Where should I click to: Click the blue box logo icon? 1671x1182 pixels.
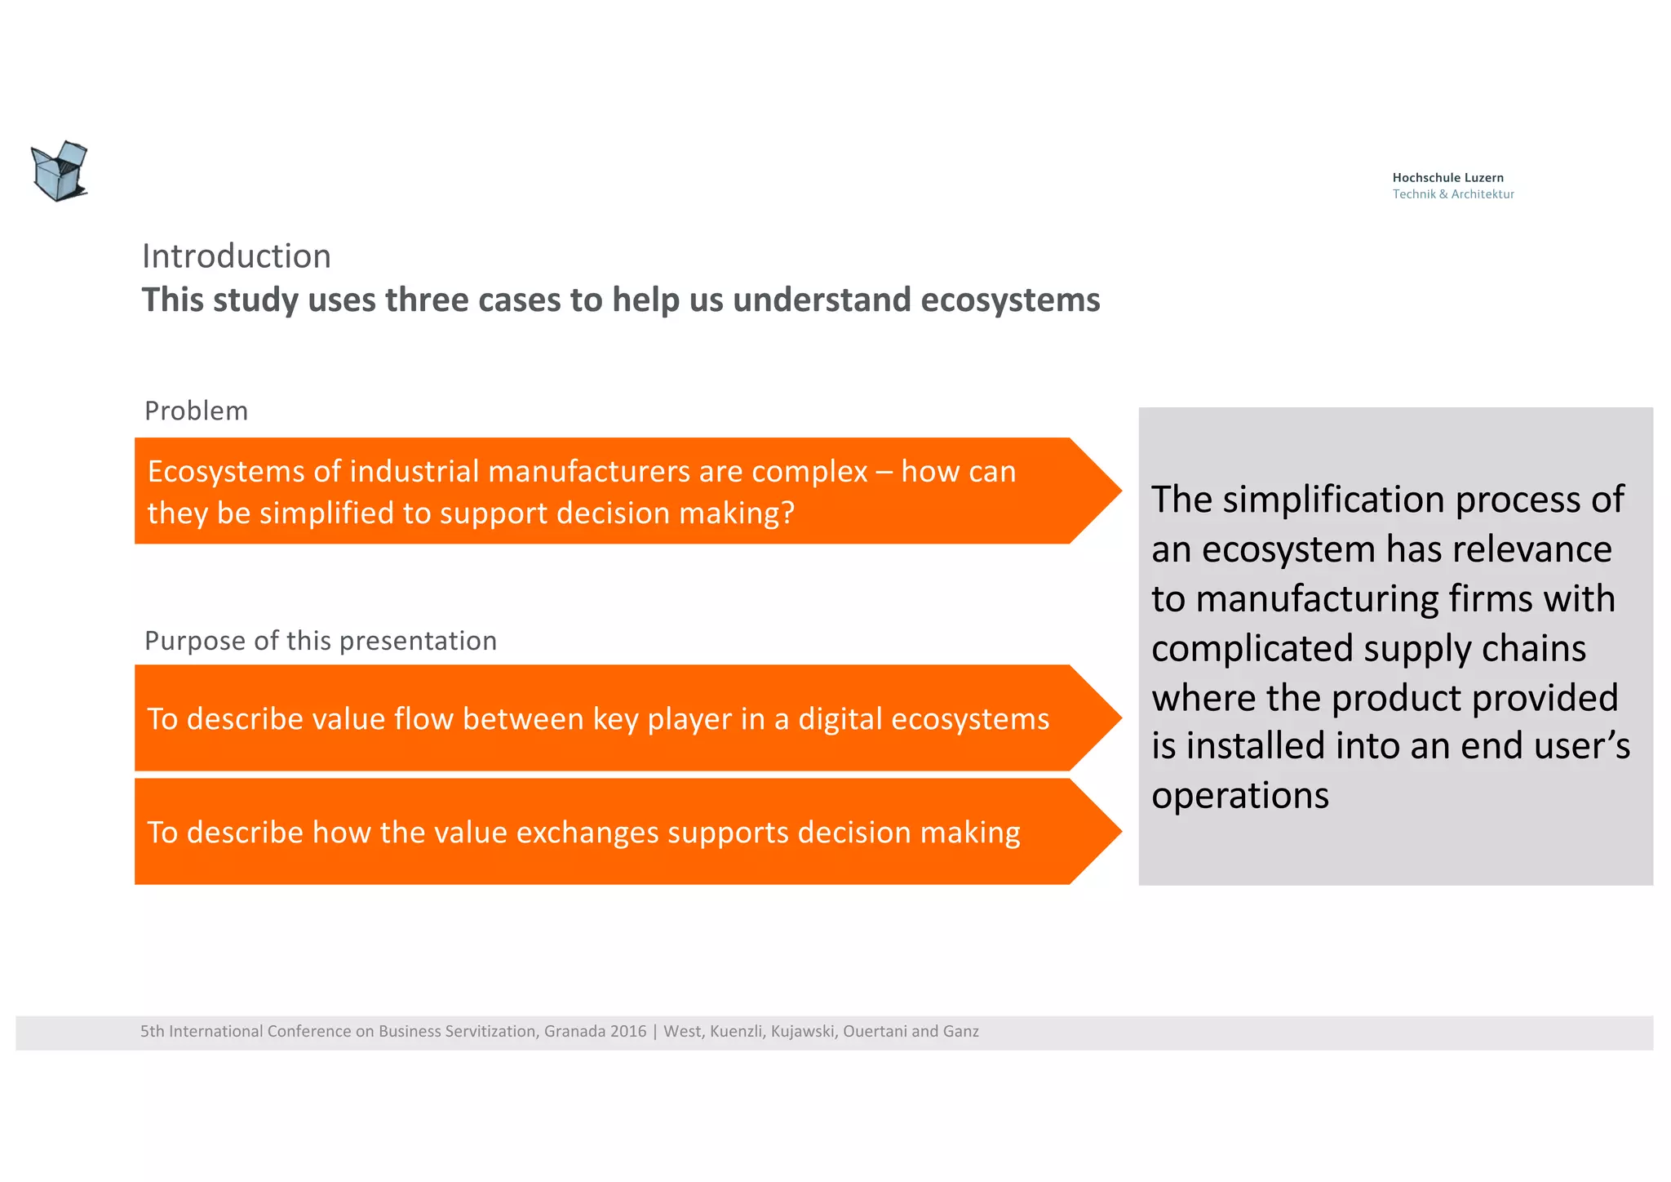coord(60,171)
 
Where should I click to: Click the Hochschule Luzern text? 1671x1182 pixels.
coord(1447,177)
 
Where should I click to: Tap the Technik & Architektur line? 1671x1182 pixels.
coord(1452,194)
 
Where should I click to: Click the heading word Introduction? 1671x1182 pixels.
coord(237,256)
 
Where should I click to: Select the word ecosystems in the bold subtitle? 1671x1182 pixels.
coord(1010,300)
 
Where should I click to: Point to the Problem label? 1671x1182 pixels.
coord(196,411)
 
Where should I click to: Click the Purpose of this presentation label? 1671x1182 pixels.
coord(320,641)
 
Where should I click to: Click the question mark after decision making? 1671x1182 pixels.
coord(787,513)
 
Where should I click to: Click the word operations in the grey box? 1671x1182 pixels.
coord(1239,796)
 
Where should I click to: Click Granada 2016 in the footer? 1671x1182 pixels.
coord(595,1031)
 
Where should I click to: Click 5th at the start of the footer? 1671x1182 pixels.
coord(152,1031)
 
